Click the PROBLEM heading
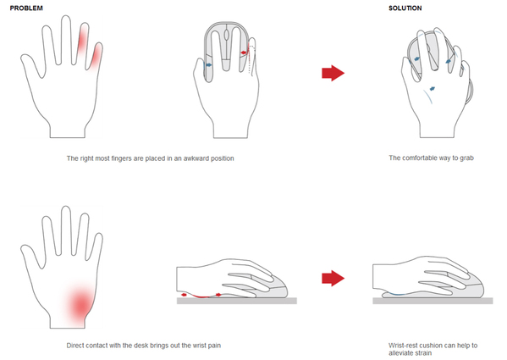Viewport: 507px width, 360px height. click(26, 8)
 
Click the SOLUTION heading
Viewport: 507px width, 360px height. click(405, 8)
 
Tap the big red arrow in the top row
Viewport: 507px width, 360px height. click(333, 73)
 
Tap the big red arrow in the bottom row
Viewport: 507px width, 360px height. click(333, 278)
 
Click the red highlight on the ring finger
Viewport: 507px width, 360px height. click(83, 40)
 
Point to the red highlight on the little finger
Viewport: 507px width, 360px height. click(96, 56)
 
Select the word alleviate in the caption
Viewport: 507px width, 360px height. click(400, 353)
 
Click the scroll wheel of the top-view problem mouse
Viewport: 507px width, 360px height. click(227, 34)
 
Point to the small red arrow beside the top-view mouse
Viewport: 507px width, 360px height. click(244, 53)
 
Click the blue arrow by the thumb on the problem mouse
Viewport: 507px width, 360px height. click(209, 65)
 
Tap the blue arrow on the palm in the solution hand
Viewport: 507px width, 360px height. click(432, 89)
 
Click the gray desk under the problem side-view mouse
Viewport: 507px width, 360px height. click(237, 301)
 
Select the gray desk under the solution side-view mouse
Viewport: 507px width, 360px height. click(433, 301)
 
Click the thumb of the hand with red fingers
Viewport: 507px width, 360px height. click(31, 64)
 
